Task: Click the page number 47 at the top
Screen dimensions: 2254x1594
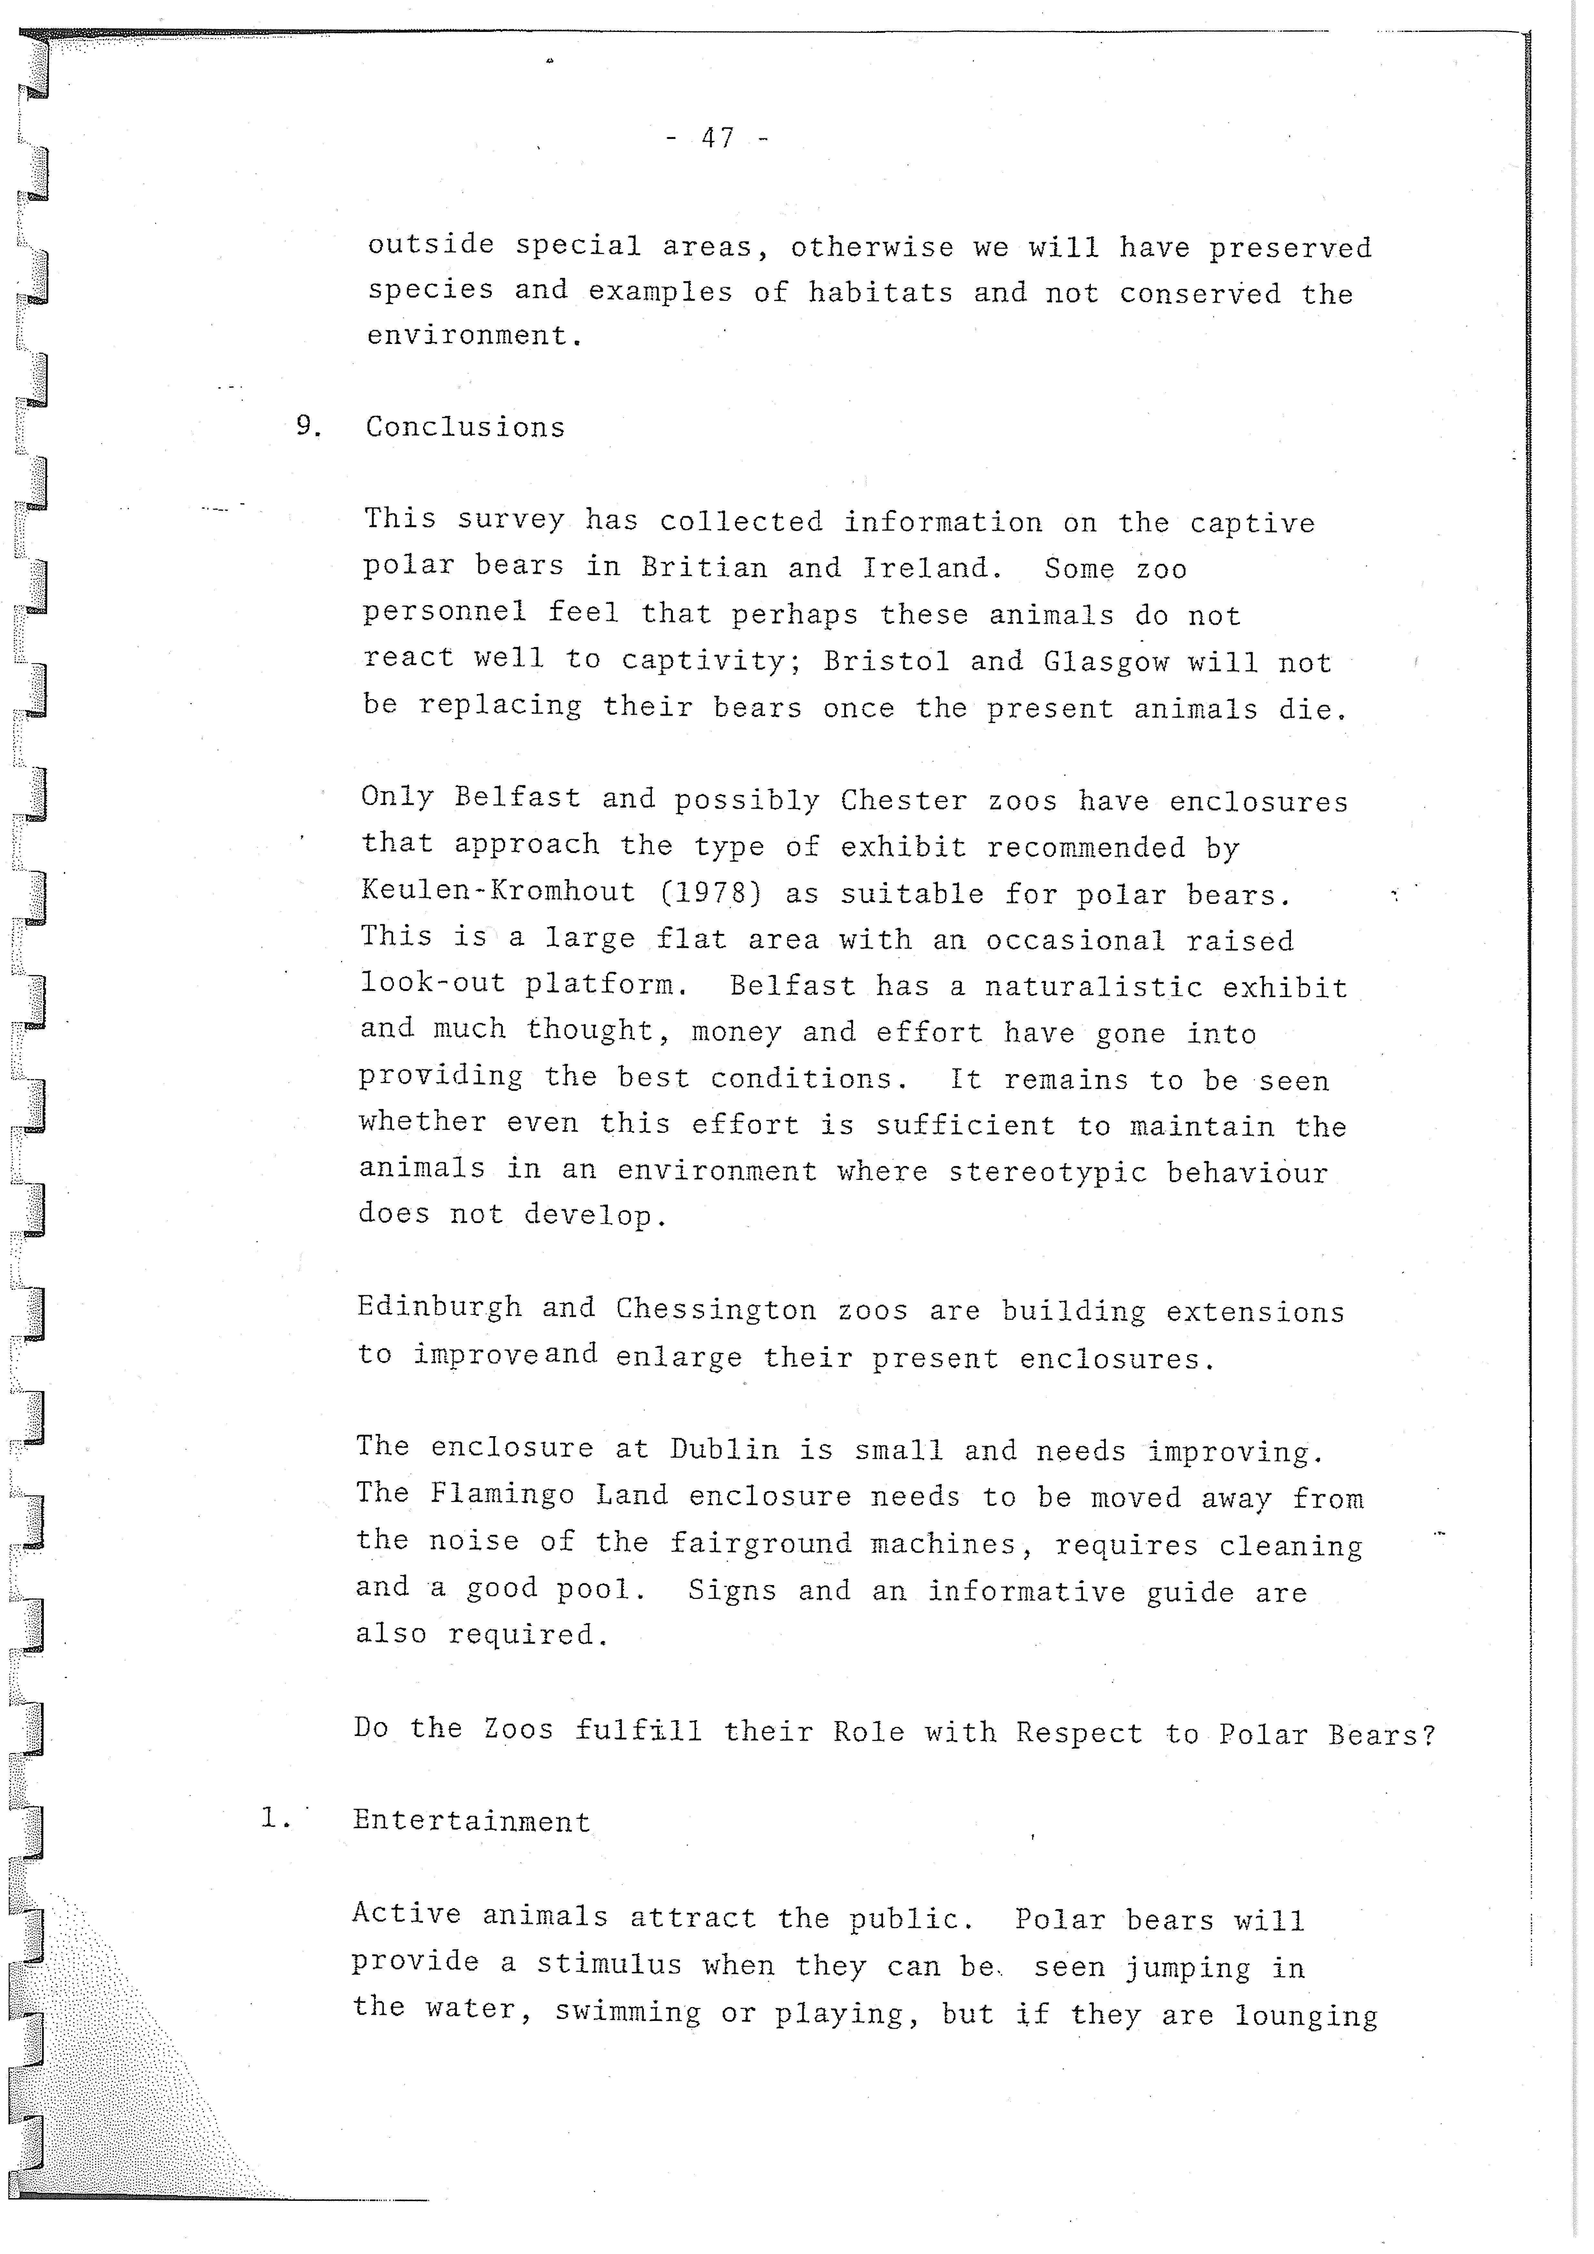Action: tap(718, 138)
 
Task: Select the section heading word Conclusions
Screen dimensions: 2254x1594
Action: tap(466, 427)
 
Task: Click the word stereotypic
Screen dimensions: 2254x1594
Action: tap(1047, 1172)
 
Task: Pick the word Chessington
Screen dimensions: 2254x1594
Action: tap(716, 1309)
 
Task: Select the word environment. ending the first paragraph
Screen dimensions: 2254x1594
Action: tap(475, 336)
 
